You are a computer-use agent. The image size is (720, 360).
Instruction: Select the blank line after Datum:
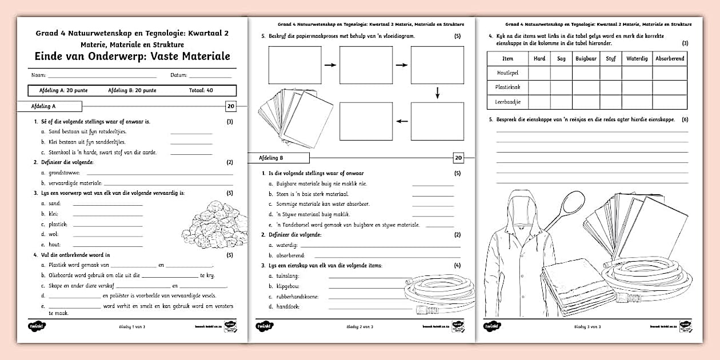pos(210,76)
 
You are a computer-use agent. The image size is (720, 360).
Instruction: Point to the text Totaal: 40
pos(201,90)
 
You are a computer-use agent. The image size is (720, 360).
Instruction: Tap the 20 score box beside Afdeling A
pos(231,106)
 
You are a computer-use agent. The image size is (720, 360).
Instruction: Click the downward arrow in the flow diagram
pos(437,93)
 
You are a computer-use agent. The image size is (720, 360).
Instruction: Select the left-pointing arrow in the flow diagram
pos(402,121)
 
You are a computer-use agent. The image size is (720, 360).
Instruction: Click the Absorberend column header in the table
pos(670,58)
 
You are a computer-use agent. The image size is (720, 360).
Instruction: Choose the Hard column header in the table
pos(539,58)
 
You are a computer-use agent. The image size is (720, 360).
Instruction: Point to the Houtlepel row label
pos(507,73)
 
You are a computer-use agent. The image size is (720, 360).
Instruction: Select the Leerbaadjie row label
pos(507,102)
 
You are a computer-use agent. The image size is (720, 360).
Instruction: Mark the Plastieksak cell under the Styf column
pos(610,87)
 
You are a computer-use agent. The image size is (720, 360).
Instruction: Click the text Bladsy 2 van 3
pos(360,326)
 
